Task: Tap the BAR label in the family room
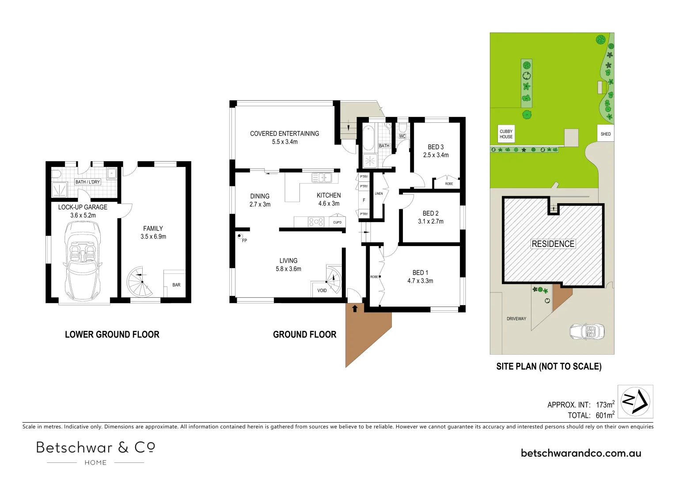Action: tap(176, 285)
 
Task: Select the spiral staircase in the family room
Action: tap(140, 282)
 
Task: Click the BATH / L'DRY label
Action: tap(87, 182)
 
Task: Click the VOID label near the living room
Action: tap(322, 290)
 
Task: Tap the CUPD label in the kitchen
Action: tap(337, 222)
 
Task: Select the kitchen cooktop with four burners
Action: tap(316, 222)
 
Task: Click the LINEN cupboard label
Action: tap(379, 193)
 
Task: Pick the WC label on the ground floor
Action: tap(402, 136)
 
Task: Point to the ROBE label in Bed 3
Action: tap(449, 184)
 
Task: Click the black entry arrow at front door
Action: tap(355, 309)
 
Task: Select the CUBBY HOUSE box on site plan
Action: tap(506, 134)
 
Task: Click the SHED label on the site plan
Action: tap(606, 134)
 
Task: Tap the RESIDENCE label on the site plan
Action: tap(553, 244)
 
